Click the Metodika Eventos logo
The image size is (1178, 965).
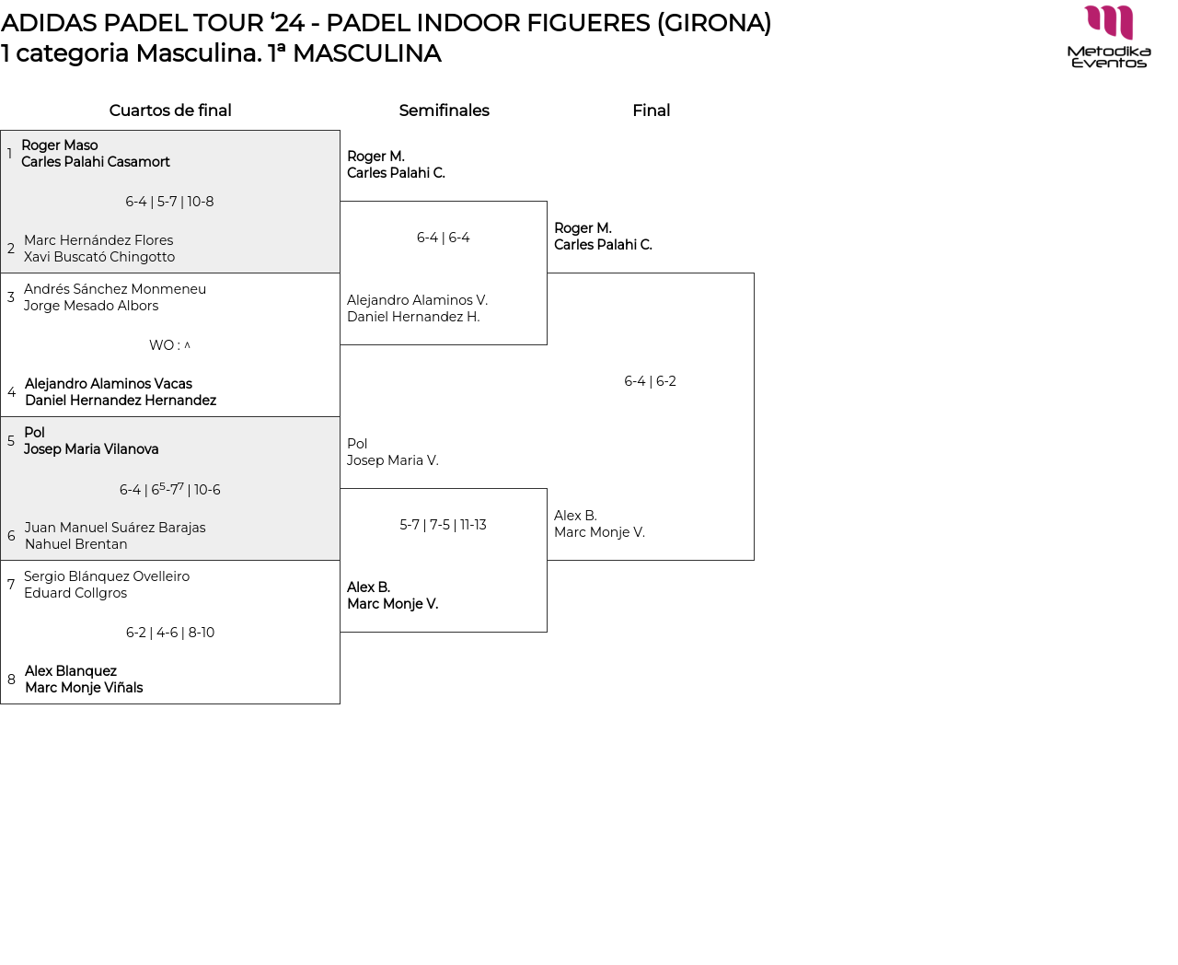tap(1108, 37)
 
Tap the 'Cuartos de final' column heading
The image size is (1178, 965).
tap(170, 110)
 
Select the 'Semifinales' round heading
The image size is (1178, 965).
tap(444, 110)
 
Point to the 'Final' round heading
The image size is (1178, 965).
tap(651, 110)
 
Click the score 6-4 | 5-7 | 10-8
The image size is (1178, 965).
tap(169, 201)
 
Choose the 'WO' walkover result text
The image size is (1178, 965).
tap(161, 344)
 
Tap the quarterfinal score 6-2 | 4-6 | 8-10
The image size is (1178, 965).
tap(170, 632)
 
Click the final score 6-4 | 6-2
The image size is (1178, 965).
tap(650, 380)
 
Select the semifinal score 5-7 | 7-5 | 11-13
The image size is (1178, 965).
tap(443, 524)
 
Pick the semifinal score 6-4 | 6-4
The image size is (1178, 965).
tap(443, 237)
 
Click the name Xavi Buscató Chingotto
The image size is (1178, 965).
tap(98, 257)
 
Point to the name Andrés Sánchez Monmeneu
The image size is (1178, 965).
tap(114, 289)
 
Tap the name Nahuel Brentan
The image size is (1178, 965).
tap(76, 543)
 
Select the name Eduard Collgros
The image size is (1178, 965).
tap(75, 592)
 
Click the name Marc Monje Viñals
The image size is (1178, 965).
tap(84, 687)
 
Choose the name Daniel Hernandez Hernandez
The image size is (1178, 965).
tap(121, 400)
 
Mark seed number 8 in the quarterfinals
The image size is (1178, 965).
tap(11, 679)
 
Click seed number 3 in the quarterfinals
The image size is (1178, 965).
tap(11, 296)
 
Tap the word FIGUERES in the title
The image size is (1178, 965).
tap(588, 23)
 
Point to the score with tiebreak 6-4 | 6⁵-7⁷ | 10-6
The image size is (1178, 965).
tap(170, 489)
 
